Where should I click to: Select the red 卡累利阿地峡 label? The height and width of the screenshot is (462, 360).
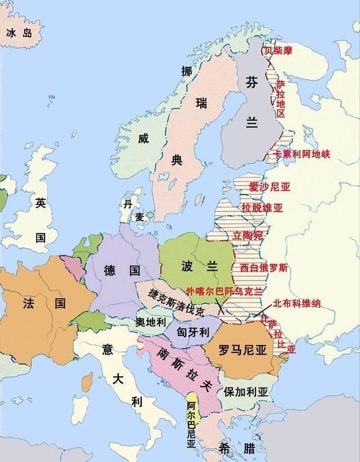(x=301, y=153)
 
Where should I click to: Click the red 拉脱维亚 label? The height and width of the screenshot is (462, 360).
(x=262, y=208)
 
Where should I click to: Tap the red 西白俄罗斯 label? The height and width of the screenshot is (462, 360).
(x=264, y=268)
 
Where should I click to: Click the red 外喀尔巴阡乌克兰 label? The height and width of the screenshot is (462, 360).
(x=225, y=291)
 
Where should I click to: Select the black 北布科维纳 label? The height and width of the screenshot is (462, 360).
(x=296, y=303)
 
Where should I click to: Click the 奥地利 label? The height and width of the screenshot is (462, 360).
(x=151, y=322)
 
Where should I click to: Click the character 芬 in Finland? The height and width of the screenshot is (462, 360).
(x=251, y=83)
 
